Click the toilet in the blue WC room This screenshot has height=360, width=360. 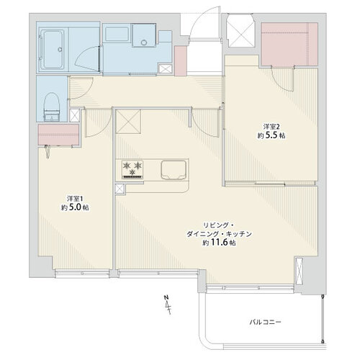point(52,107)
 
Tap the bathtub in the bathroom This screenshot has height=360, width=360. point(53,50)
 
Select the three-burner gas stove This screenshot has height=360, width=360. point(132,169)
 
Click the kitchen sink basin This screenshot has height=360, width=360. point(174,170)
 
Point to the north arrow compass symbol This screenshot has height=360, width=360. point(168,305)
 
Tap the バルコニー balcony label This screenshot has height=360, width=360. point(265,322)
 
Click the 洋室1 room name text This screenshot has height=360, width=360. point(75,199)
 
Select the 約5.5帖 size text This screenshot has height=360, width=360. point(271,135)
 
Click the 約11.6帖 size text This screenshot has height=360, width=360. point(219,243)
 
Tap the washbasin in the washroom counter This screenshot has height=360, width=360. point(117,34)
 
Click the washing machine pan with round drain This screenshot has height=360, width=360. point(144,35)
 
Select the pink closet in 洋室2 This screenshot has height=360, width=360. point(289,44)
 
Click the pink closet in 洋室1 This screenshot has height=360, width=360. point(58,135)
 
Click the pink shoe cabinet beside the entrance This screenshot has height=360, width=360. point(181,61)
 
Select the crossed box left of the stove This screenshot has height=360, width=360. point(120,189)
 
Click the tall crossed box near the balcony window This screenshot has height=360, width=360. point(299,271)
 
